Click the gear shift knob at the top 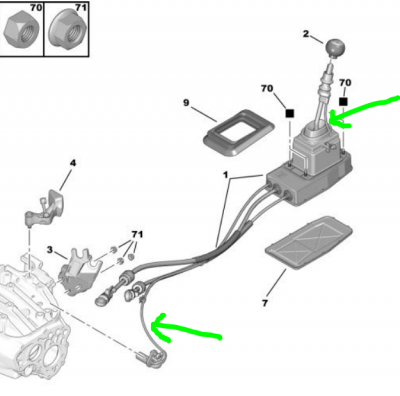tap(335, 49)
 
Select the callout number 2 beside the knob tap(306, 34)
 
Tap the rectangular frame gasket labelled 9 tap(239, 132)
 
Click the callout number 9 tap(186, 103)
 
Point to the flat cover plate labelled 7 tap(309, 242)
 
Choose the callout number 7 tap(265, 303)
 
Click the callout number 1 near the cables tap(226, 175)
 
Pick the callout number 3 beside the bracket tap(50, 250)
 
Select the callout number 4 tap(73, 163)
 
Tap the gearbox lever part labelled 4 tap(46, 208)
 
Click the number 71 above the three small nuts tap(137, 235)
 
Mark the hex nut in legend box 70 tap(21, 28)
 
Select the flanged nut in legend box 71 tap(67, 30)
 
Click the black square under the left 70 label tap(290, 113)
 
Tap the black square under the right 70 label tap(343, 102)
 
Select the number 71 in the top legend tap(80, 7)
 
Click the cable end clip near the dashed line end tap(152, 358)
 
